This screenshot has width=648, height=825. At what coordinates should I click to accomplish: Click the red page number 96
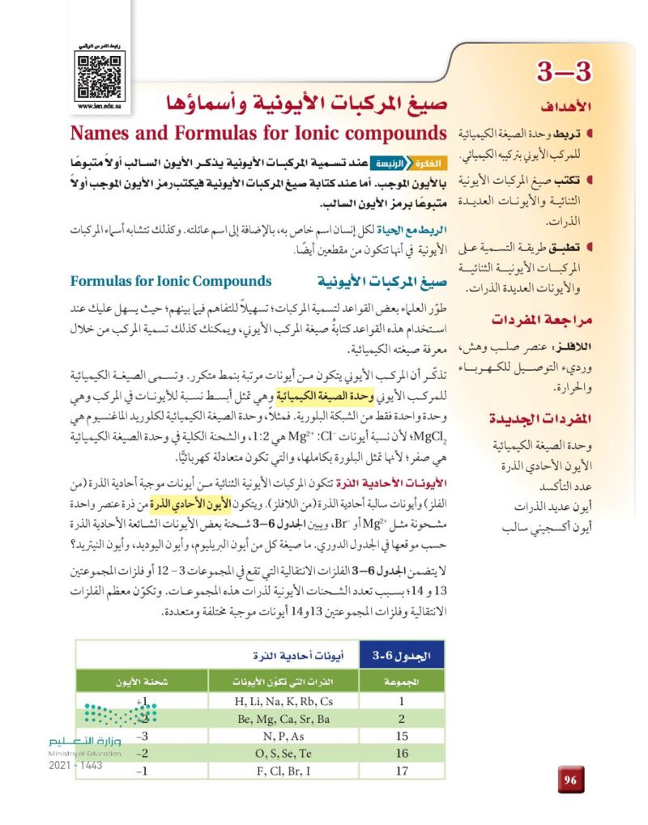pos(570,780)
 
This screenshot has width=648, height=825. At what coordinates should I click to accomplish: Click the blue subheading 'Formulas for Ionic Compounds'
pos(171,282)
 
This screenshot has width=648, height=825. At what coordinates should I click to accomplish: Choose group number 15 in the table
pos(399,736)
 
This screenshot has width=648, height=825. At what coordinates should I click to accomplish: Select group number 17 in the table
pos(399,771)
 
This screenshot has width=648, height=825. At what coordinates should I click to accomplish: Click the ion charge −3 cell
pos(142,736)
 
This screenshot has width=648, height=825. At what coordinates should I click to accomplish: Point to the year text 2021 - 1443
pos(75,765)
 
